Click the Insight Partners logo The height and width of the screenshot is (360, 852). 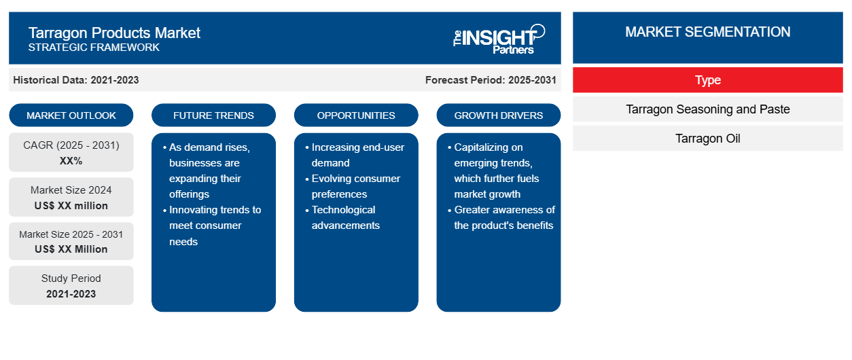[x=499, y=39]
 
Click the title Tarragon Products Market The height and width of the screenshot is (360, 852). [x=114, y=33]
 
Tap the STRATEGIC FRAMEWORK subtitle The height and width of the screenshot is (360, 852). [x=94, y=48]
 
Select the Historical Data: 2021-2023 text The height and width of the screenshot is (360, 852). [x=76, y=80]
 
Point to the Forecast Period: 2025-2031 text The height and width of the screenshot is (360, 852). [x=491, y=80]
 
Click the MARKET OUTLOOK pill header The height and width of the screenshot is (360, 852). [x=71, y=115]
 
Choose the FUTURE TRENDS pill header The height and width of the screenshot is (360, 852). [x=213, y=115]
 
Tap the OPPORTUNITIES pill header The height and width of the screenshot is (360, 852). [x=356, y=115]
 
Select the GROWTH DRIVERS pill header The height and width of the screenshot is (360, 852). [x=498, y=115]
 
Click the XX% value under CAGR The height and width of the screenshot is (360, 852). [x=71, y=161]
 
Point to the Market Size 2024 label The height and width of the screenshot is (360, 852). [x=71, y=190]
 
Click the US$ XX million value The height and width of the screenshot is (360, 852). [x=71, y=206]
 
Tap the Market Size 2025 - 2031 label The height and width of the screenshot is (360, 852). [x=71, y=234]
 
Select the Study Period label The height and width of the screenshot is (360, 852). [x=71, y=278]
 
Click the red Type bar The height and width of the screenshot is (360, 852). [x=708, y=80]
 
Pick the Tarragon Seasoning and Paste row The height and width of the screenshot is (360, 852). [x=708, y=109]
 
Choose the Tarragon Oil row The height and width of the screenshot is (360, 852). [x=708, y=139]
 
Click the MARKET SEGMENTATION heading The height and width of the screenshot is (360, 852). [x=708, y=32]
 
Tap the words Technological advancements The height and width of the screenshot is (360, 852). [x=345, y=217]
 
